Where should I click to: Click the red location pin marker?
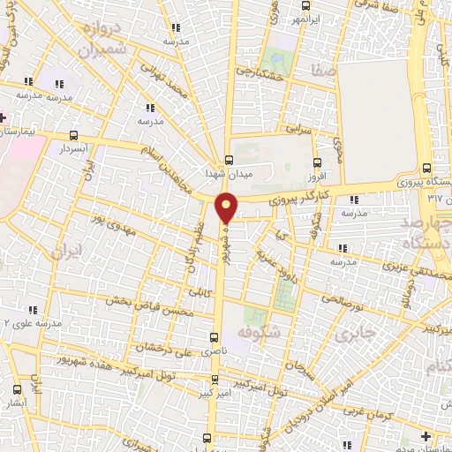point(228,208)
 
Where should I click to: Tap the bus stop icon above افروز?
point(318,162)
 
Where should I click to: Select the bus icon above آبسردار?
point(73,136)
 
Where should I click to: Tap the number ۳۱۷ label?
point(433,198)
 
